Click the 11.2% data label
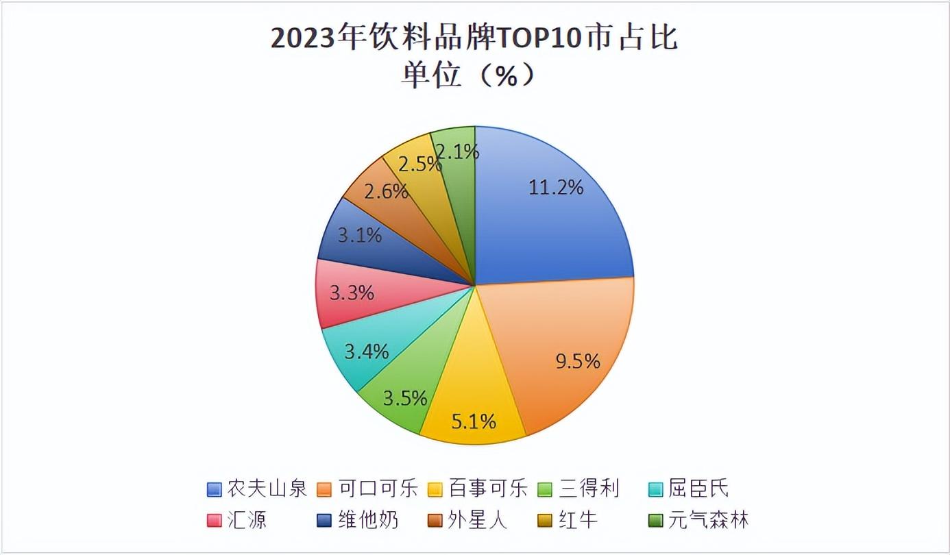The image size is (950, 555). click(556, 187)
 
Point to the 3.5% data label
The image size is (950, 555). click(405, 398)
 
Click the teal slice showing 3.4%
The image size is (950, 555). click(367, 353)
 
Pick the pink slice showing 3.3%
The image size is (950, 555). click(352, 294)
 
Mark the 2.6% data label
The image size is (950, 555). click(386, 191)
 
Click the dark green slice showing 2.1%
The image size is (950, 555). click(457, 151)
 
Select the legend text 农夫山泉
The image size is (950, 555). click(267, 489)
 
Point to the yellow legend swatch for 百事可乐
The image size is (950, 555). click(435, 489)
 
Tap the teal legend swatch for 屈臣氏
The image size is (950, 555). click(656, 489)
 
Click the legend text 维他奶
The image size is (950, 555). click(367, 519)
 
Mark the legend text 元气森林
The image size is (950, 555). click(709, 519)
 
